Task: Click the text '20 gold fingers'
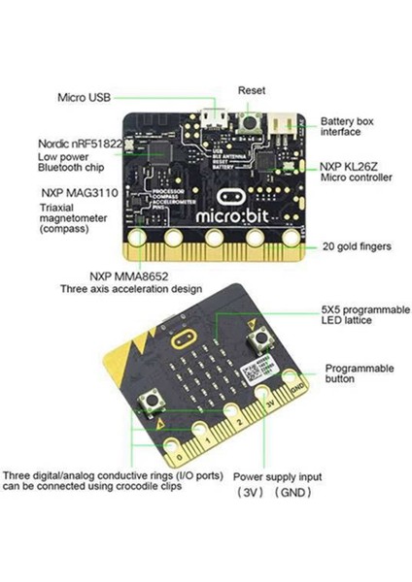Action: pos(357,247)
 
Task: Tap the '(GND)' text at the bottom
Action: pos(292,493)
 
